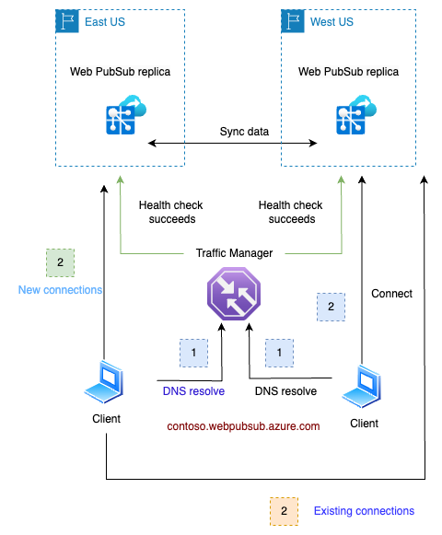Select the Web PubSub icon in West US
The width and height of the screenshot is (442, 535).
coord(350,119)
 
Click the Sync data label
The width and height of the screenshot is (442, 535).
coord(244,132)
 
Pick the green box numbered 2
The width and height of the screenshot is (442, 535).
coord(60,262)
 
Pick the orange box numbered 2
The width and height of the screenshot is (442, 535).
coord(284,510)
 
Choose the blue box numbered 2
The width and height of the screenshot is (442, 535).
coord(331,307)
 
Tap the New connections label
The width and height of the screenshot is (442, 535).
coord(61,290)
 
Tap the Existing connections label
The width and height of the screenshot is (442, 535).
coord(364,511)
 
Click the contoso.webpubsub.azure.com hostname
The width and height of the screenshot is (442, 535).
coord(243,426)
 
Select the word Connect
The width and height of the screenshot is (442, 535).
coord(391,294)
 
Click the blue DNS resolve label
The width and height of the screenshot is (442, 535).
coord(194,391)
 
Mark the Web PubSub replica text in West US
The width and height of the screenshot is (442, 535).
coord(350,71)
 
